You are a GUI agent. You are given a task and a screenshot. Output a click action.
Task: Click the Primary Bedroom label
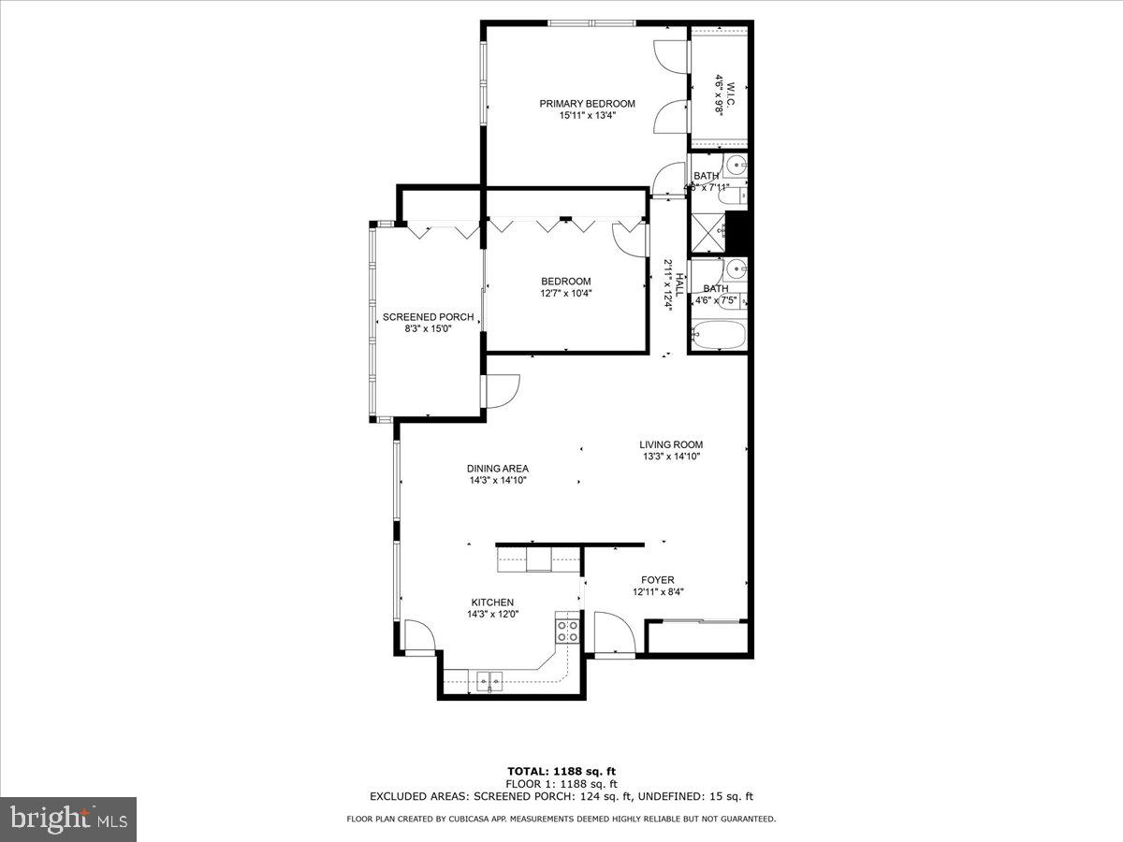coord(587,104)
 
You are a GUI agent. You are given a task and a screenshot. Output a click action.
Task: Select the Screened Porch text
coord(428,317)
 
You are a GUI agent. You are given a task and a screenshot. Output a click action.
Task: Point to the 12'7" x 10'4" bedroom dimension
coord(565,293)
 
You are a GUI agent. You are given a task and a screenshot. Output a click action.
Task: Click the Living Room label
coord(671,445)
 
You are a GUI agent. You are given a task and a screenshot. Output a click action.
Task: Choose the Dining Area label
coord(498,469)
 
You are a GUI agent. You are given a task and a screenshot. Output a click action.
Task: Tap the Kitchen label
coord(492,602)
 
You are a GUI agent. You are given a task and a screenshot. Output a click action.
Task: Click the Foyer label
coord(657,580)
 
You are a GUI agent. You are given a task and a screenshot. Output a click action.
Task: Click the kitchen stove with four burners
coord(566,630)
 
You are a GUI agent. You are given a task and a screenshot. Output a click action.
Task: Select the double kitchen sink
coord(488,680)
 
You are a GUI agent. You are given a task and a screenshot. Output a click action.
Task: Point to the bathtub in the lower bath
coord(719,334)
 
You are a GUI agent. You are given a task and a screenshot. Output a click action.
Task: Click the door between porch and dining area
coord(500,390)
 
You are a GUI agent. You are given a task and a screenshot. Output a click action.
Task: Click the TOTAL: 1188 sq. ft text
coord(561,771)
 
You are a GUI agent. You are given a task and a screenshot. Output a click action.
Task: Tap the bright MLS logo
coord(68,819)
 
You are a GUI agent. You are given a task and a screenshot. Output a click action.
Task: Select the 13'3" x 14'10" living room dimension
coord(671,457)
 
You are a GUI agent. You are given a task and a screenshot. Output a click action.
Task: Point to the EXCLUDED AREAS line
coord(561,797)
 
